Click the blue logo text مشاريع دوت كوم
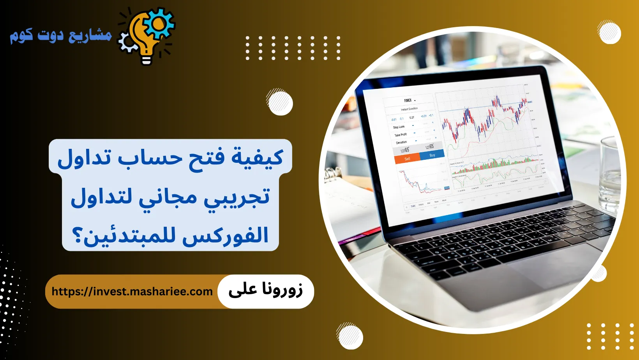pos(61,36)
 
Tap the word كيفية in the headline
pos(257,157)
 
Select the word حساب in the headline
pos(150,157)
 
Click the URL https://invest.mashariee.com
pos(132,291)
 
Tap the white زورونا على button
pos(265,291)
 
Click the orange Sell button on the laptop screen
pos(407,159)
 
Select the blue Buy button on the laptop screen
pos(432,155)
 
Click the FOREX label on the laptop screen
pos(408,101)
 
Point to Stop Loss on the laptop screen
pos(399,127)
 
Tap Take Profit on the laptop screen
pos(400,135)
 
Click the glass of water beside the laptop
pos(611,175)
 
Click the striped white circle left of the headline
pos(280,102)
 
